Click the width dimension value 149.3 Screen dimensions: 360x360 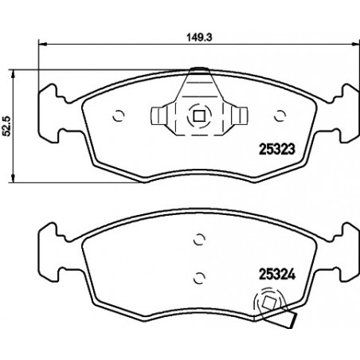(200, 37)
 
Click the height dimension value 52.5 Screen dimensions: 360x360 (6, 126)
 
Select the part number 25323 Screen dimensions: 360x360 (277, 149)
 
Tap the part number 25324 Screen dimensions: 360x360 (277, 274)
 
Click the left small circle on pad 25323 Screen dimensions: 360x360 (119, 115)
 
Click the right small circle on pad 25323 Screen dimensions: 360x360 (280, 115)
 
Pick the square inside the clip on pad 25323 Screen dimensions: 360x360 (199, 116)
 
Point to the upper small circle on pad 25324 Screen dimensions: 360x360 (199, 240)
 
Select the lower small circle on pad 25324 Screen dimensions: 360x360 (199, 278)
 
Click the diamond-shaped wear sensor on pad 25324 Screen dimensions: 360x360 (269, 303)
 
